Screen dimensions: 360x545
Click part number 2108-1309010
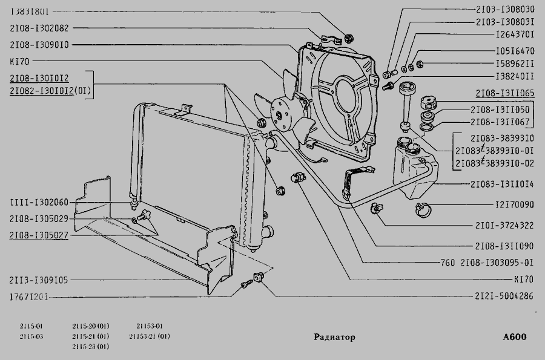click(39, 44)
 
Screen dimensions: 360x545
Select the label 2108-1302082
click(39, 28)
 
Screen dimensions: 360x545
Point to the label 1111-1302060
click(39, 203)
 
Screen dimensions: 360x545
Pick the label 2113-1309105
click(39, 280)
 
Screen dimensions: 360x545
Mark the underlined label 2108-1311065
click(504, 94)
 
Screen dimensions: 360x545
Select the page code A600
click(514, 337)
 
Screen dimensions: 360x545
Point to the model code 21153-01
click(149, 326)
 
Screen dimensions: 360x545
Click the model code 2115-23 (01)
click(90, 347)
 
